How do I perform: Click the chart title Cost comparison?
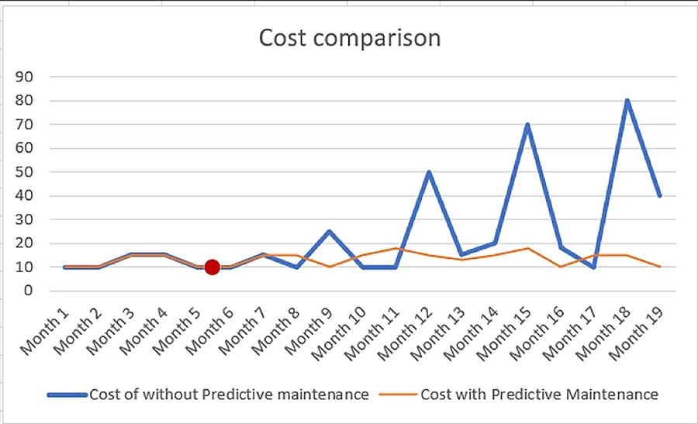[349, 37]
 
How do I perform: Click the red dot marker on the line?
[212, 267]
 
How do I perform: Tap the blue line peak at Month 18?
[627, 101]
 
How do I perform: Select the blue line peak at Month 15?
[527, 125]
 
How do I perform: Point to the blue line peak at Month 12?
[428, 172]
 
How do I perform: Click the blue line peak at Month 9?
[329, 231]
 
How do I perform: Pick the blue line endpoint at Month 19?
[659, 195]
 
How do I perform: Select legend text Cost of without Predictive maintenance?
[229, 395]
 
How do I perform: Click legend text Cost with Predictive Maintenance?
[539, 395]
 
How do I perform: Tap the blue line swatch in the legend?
[67, 395]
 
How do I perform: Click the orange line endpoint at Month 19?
[659, 267]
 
